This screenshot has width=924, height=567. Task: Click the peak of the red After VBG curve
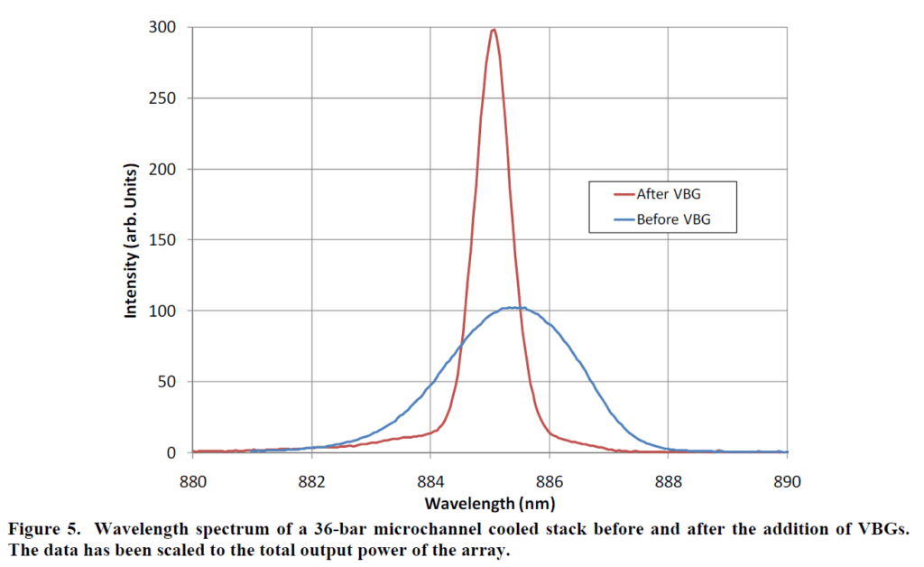493,30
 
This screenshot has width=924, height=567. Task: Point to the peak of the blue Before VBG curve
513,308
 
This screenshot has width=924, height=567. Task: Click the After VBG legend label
669,194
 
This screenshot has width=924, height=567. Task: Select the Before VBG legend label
674,218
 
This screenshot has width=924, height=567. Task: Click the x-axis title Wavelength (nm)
488,502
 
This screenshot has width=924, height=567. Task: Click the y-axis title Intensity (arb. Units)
131,239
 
